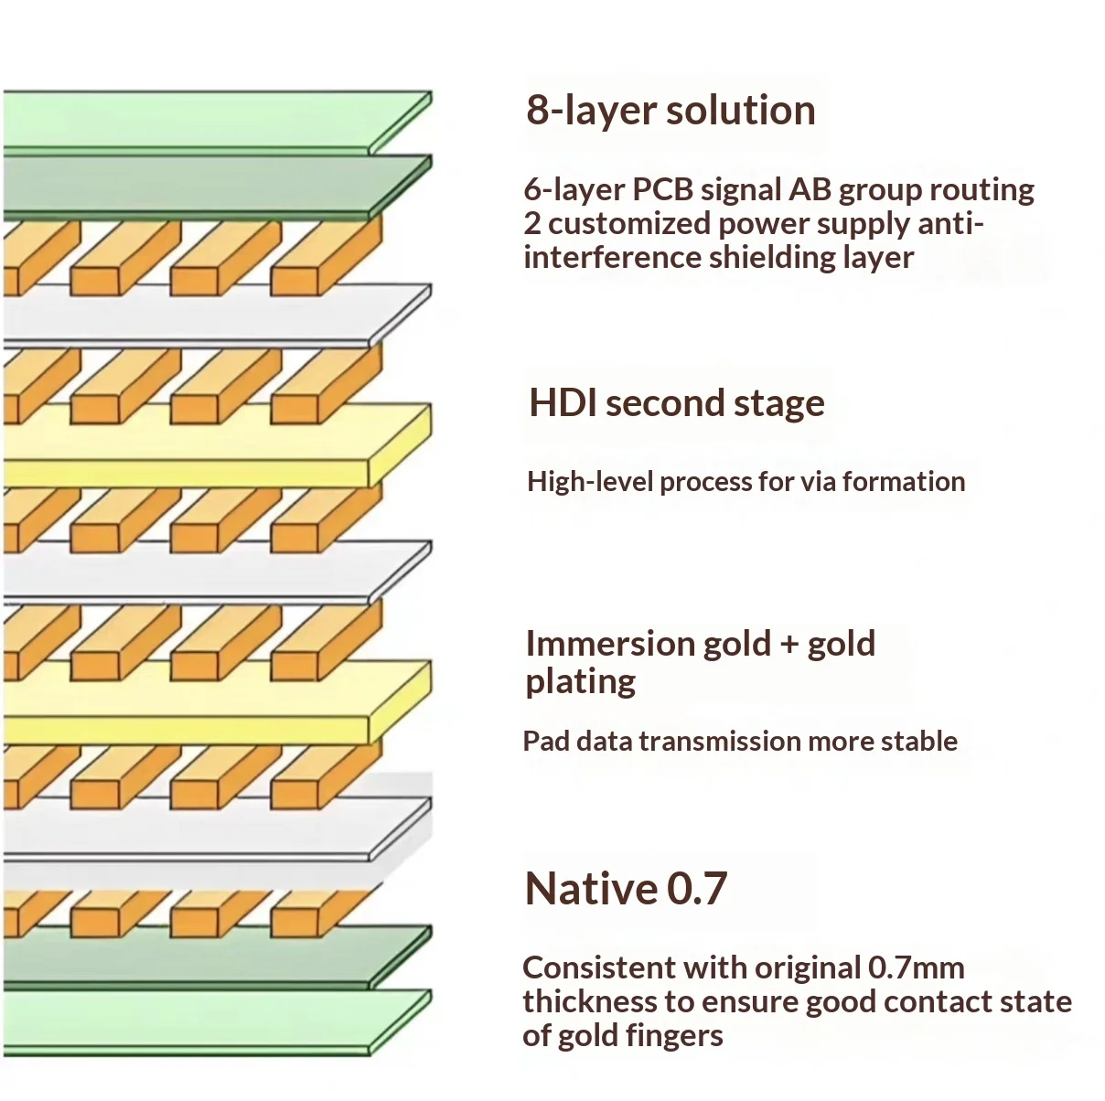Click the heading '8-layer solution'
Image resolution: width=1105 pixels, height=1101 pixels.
(x=671, y=111)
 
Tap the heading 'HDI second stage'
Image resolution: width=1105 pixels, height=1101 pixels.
(x=677, y=402)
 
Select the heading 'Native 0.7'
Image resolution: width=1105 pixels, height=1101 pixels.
(x=627, y=888)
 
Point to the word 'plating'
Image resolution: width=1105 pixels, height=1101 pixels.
(x=580, y=682)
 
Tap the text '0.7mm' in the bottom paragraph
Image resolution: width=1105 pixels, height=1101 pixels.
(x=917, y=968)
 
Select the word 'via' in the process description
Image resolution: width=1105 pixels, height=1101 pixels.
(x=819, y=482)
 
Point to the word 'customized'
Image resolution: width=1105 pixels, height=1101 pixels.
(x=629, y=224)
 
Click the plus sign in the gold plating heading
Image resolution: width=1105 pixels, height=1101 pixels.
(x=789, y=645)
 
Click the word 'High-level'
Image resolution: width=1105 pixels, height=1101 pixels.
(x=589, y=482)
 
